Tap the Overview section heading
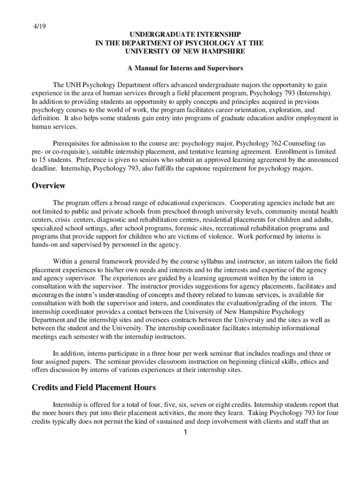pyautogui.click(x=48, y=186)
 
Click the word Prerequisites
pyautogui.click(x=73, y=144)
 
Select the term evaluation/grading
pyautogui.click(x=251, y=303)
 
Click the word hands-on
pyautogui.click(x=45, y=245)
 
